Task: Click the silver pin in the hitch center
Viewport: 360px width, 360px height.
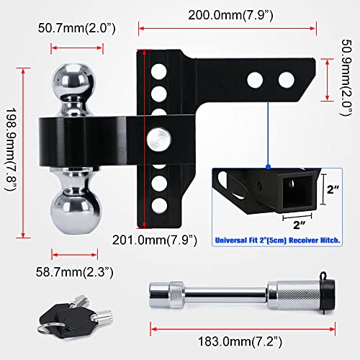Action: coord(153,136)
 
